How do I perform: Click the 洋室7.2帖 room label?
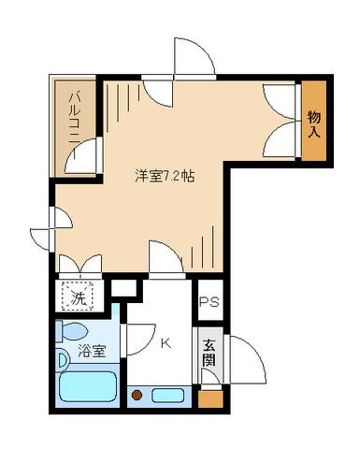tap(165, 174)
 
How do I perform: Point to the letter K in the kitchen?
tap(166, 342)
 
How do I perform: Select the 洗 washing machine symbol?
tap(79, 299)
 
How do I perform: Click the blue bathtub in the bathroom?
tap(86, 388)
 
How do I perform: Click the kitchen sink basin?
tap(172, 395)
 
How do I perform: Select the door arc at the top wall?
tap(189, 58)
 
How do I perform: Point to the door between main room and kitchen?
tap(166, 257)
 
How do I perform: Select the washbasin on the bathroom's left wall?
tap(61, 359)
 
